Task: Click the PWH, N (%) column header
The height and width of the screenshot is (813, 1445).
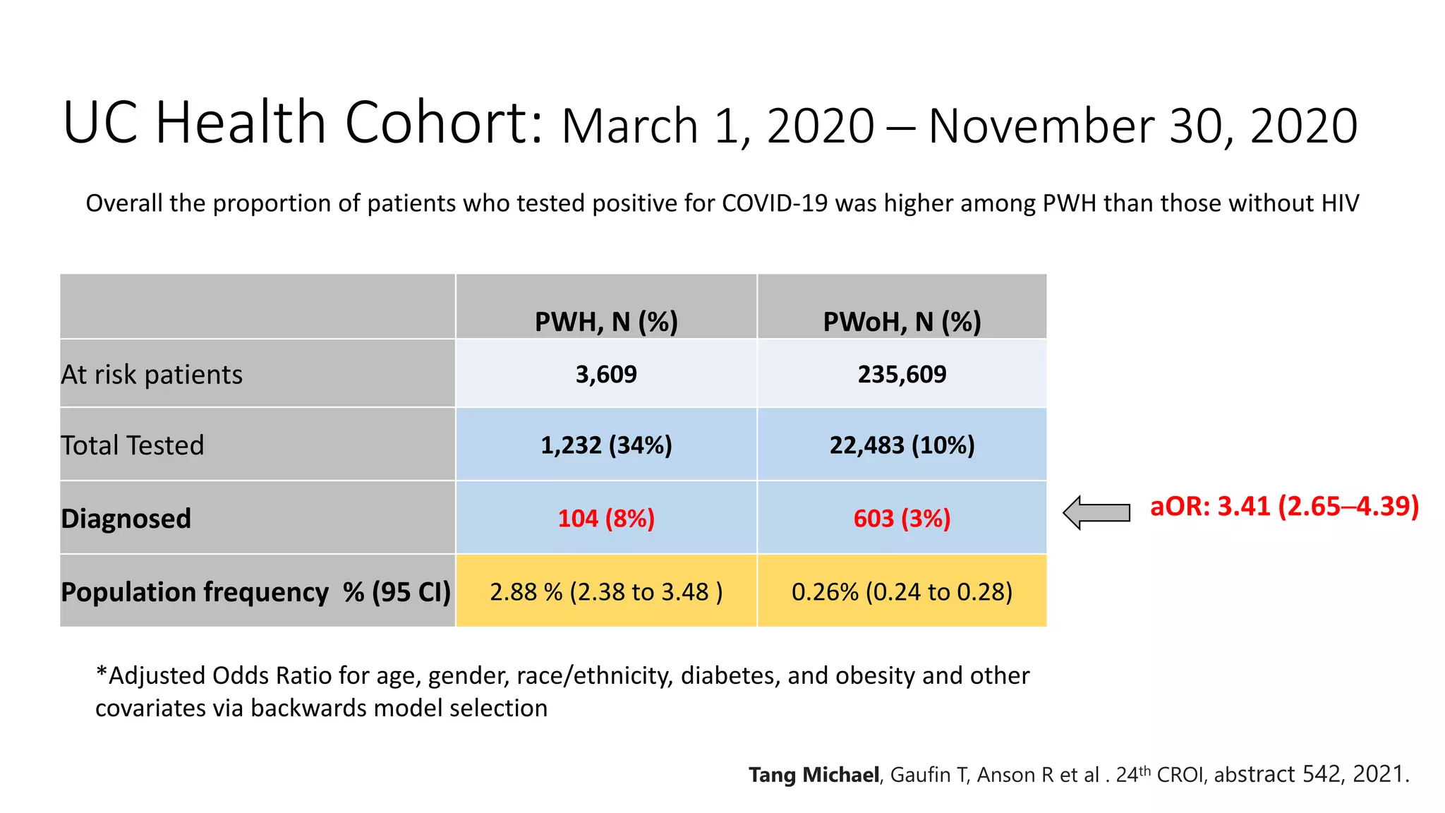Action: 606,322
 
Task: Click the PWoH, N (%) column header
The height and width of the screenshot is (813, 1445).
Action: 902,322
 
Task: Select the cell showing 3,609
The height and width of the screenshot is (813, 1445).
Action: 606,374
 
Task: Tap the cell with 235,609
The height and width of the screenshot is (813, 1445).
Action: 902,374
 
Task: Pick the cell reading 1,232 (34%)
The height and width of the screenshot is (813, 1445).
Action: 606,445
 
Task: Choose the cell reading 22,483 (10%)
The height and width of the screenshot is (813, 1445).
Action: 902,445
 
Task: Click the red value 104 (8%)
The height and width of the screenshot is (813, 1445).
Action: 606,519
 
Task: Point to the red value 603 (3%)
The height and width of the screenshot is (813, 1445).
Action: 902,519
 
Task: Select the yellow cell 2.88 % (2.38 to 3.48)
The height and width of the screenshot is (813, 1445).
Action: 606,591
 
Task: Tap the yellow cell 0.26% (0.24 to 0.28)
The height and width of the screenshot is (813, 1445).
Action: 902,591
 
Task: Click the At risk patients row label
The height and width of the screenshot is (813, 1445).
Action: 152,375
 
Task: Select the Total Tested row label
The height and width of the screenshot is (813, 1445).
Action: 133,445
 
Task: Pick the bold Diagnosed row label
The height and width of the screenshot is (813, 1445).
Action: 126,519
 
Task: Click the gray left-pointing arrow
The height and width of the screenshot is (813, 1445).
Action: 1096,512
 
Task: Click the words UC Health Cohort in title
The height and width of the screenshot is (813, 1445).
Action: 303,123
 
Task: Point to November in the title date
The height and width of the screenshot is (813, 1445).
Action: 1041,126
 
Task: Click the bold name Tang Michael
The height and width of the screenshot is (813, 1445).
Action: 814,775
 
